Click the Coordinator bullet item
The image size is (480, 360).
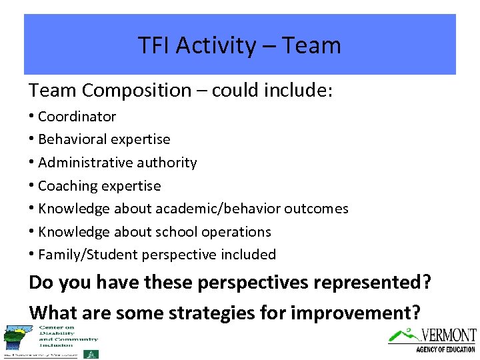[x=77, y=117]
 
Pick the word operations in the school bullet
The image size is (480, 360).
[x=238, y=231]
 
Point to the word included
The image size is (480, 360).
[x=250, y=255]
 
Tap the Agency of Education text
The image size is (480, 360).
[x=445, y=349]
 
